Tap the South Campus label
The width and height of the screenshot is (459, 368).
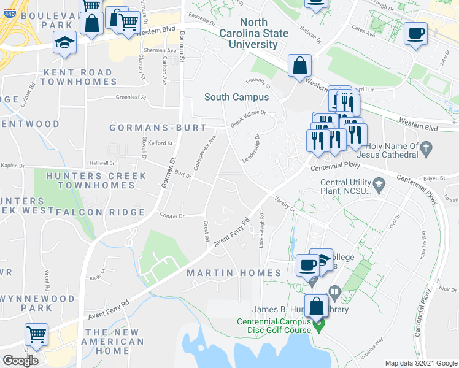(x=236, y=97)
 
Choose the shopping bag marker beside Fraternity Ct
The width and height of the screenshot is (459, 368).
(x=299, y=66)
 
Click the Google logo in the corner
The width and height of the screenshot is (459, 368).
(x=20, y=361)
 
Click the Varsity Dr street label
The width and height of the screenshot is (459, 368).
(x=285, y=205)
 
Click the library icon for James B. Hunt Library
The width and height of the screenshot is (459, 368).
(x=334, y=291)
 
